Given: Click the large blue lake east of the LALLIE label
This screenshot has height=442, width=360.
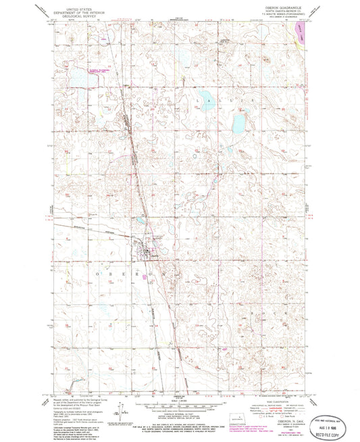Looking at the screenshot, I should pos(238,124).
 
